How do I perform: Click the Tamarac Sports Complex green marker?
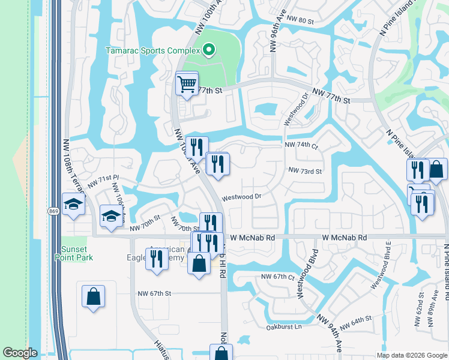click(208, 49)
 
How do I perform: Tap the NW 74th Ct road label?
click(301, 145)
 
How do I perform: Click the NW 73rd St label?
click(305, 171)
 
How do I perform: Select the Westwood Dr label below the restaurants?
click(242, 197)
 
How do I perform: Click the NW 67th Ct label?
click(278, 277)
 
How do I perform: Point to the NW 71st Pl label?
click(104, 179)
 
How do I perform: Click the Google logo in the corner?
click(20, 353)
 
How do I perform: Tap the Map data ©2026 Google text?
click(411, 355)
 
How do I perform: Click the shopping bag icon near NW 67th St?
click(94, 296)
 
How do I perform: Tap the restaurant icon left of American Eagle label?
click(157, 259)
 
